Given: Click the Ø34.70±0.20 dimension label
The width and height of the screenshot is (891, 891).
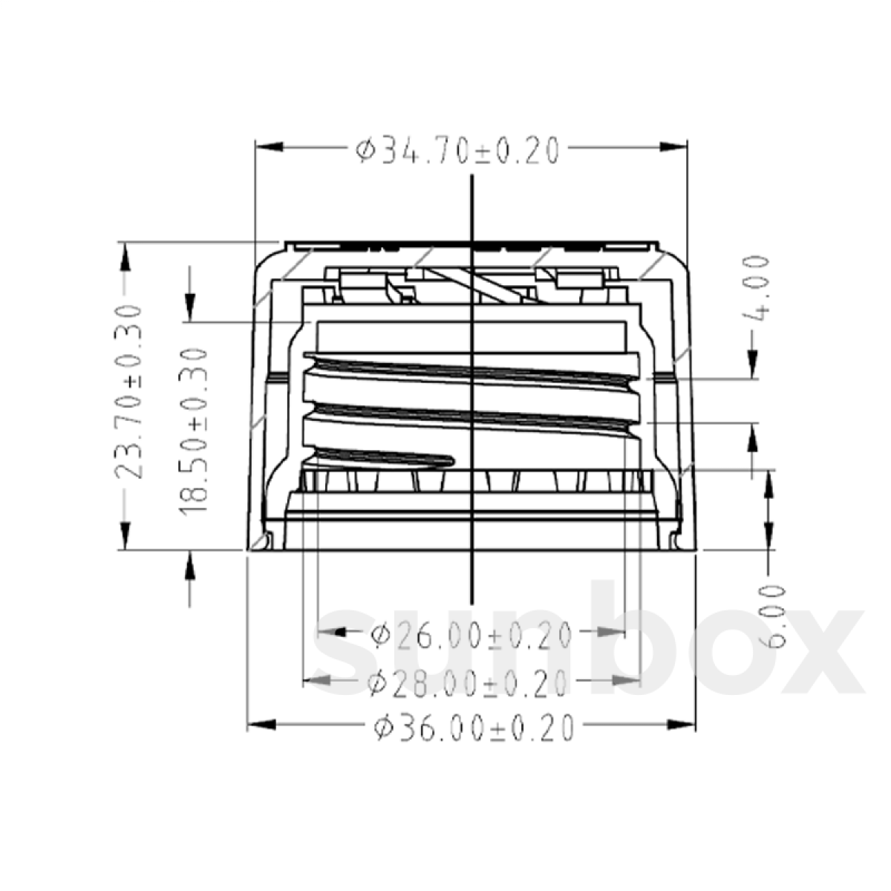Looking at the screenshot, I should (x=457, y=151).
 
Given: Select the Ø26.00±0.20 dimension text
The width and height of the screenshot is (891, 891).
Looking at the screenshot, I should (x=471, y=635).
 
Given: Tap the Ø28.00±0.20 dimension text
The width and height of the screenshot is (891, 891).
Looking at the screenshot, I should (x=469, y=682).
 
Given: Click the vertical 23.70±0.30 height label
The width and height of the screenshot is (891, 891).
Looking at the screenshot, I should (x=130, y=392).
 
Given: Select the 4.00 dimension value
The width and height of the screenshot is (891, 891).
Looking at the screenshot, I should (x=755, y=288).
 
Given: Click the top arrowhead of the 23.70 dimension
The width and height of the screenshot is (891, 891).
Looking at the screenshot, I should (x=125, y=257).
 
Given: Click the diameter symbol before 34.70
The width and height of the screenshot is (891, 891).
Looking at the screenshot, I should (x=364, y=151).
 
